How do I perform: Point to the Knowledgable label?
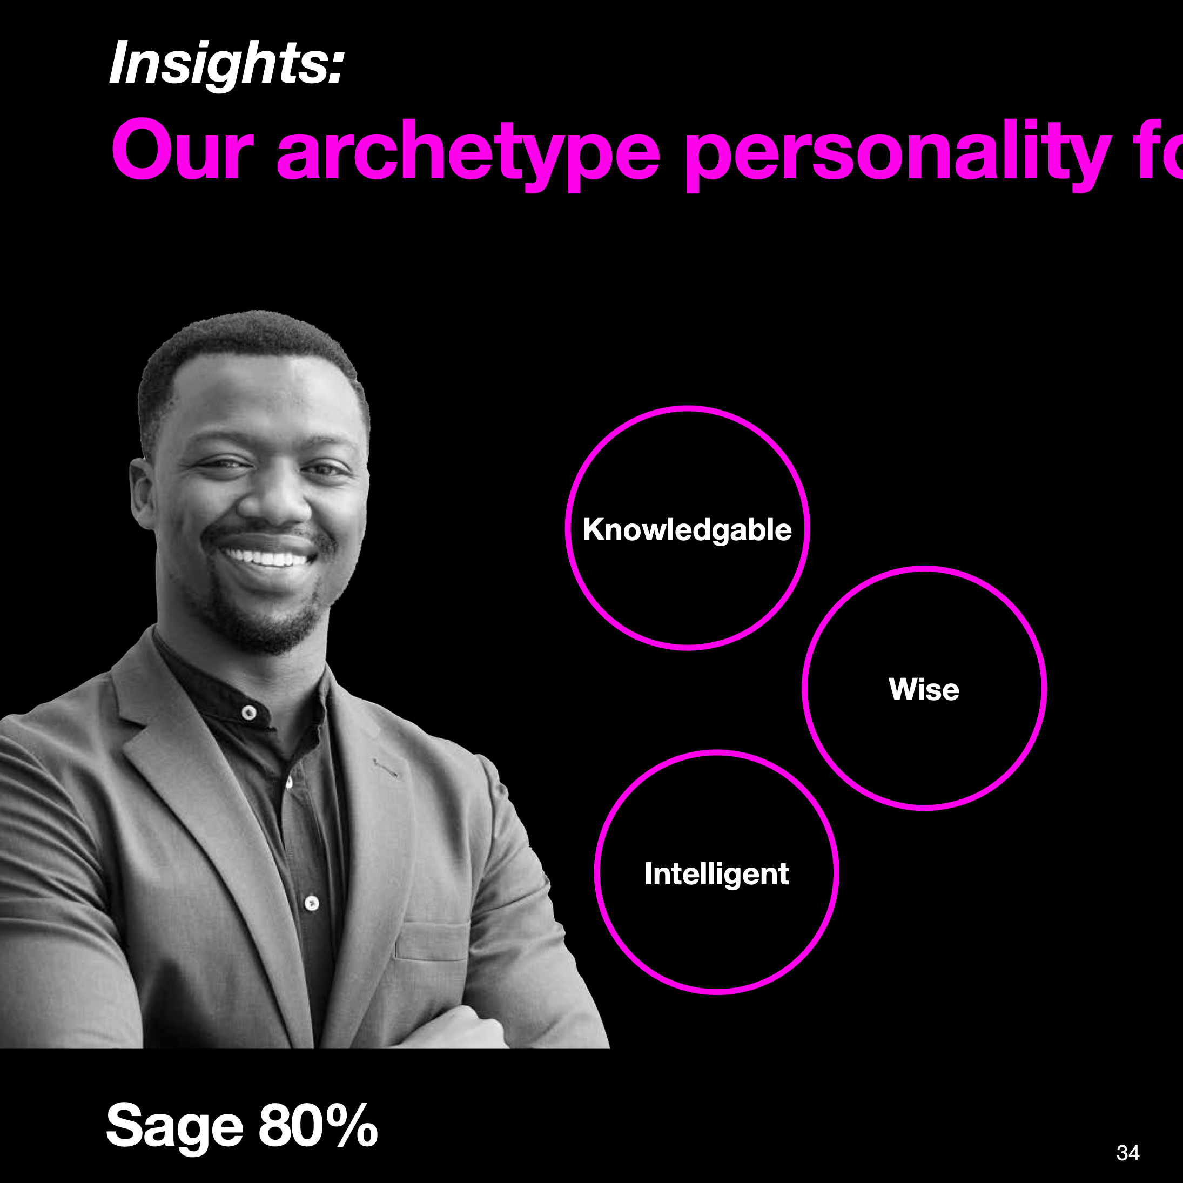pyautogui.click(x=687, y=530)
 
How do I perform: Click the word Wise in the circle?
pyautogui.click(x=923, y=689)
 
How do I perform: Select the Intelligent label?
pyautogui.click(x=716, y=874)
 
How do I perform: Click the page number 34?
pyautogui.click(x=1128, y=1153)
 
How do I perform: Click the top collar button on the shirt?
pyautogui.click(x=249, y=713)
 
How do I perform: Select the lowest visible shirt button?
pyautogui.click(x=312, y=903)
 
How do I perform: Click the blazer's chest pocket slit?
pyautogui.click(x=386, y=769)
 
